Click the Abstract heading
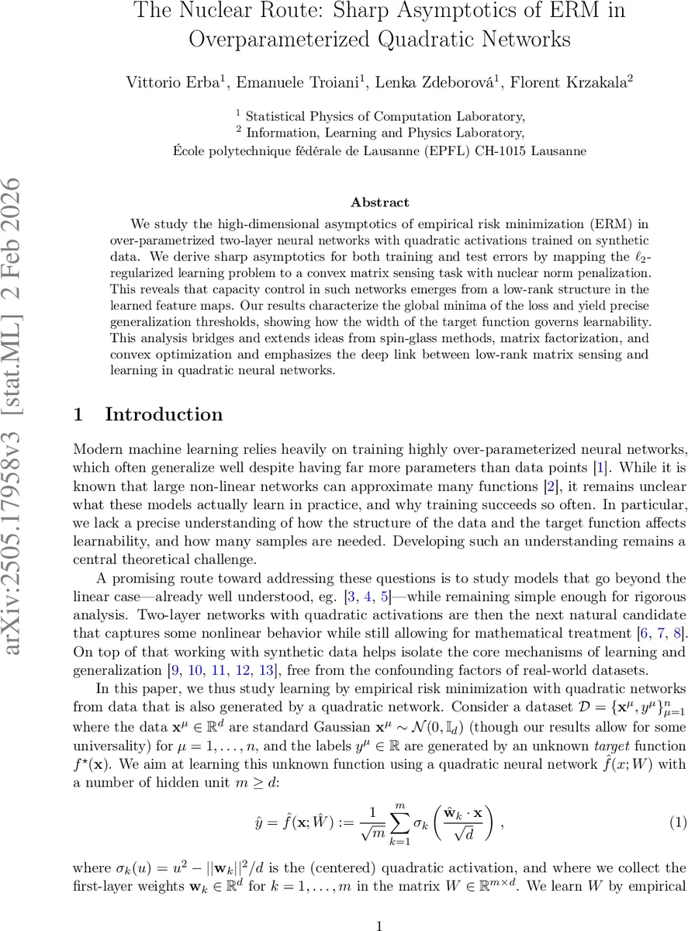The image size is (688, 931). click(x=379, y=202)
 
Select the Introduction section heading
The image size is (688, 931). click(x=164, y=414)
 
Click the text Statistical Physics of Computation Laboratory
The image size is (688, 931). click(x=385, y=116)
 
